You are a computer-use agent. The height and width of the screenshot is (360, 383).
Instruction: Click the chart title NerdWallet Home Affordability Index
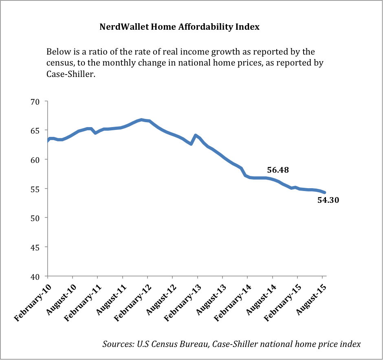[x=179, y=27]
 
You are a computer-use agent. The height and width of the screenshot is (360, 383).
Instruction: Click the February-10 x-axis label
[x=31, y=299]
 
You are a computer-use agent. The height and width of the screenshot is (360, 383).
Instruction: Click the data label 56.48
[x=280, y=170]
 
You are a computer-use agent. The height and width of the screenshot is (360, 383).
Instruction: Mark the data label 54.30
[x=328, y=200]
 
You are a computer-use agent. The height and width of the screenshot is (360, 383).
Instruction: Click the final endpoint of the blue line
[x=325, y=192]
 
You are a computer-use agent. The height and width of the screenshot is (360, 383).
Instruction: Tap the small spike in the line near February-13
[x=196, y=135]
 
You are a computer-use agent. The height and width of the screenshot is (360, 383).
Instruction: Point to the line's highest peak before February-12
[x=141, y=120]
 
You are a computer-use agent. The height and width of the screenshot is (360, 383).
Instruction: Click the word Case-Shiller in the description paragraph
[x=72, y=75]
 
